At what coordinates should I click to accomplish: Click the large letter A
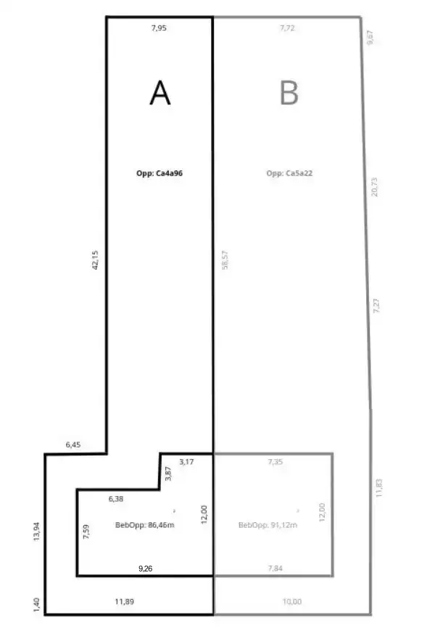tap(159, 93)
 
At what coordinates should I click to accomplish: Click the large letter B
tap(289, 93)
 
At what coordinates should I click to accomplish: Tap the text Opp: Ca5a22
tap(289, 173)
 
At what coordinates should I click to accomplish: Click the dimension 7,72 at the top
tap(289, 28)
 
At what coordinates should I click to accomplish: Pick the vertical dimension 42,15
tap(94, 260)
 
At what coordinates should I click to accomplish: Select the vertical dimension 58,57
tap(225, 260)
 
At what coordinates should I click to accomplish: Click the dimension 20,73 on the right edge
tap(375, 186)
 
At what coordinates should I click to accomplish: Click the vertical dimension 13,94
tap(37, 533)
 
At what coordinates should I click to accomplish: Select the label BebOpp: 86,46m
tap(145, 524)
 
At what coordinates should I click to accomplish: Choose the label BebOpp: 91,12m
tap(268, 524)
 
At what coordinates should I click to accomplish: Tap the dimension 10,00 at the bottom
tap(291, 601)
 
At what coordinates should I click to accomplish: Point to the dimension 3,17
tap(186, 461)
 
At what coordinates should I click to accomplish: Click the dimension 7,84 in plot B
tap(274, 569)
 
